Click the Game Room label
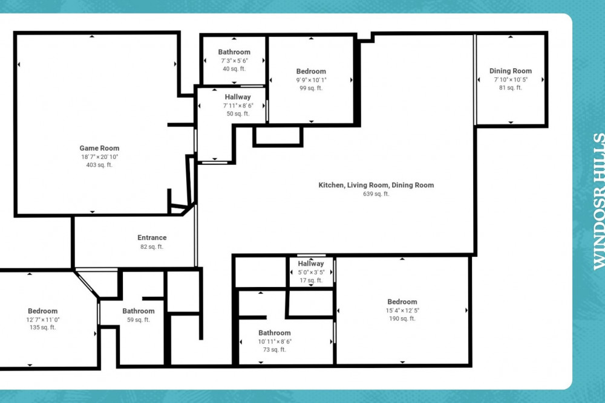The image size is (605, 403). tap(99, 149)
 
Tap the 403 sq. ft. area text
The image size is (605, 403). tap(99, 165)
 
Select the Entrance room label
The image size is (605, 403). tap(152, 237)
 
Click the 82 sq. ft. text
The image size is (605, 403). tap(152, 247)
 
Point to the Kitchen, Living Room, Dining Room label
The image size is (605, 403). tap(376, 185)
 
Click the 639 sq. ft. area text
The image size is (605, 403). tap(376, 194)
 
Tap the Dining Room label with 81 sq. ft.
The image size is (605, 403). tap(511, 71)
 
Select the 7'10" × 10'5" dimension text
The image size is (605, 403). tap(511, 80)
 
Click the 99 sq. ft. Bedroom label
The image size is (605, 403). tap(311, 71)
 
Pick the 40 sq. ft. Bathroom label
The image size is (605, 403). tap(234, 52)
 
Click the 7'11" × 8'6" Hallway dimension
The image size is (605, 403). tap(238, 106)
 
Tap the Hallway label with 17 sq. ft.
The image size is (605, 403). tap(311, 264)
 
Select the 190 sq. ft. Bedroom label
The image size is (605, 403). tap(402, 302)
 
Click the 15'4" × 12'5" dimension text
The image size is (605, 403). tap(402, 311)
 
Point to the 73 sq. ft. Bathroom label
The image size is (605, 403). tap(275, 333)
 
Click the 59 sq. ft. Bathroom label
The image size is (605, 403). tap(139, 311)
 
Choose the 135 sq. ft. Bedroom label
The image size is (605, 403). tap(42, 311)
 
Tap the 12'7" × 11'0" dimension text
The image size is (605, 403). tap(42, 320)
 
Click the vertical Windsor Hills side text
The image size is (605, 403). tap(599, 201)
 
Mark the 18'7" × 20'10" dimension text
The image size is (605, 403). tap(99, 157)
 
